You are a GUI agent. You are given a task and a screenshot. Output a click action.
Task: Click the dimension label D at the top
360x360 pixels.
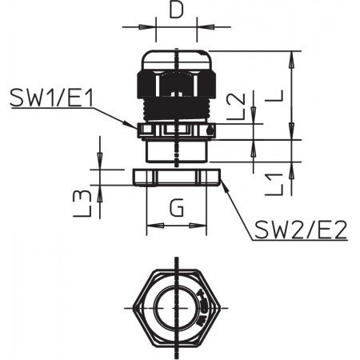point(176,10)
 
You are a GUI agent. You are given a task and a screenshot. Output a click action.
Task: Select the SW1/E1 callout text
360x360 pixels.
point(51,98)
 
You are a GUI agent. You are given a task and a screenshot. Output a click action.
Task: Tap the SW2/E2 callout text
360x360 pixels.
point(301,230)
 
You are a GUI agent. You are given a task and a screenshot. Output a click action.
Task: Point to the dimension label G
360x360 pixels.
point(177,208)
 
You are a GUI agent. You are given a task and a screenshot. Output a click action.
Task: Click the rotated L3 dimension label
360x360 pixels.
point(82,203)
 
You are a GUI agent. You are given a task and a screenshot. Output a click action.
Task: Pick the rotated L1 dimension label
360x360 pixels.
point(274,185)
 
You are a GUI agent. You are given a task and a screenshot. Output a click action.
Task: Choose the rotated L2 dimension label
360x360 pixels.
point(235,106)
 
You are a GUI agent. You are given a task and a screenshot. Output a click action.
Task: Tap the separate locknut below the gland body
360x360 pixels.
point(177,177)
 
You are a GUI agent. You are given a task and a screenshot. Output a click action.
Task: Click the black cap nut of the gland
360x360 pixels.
point(177,84)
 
